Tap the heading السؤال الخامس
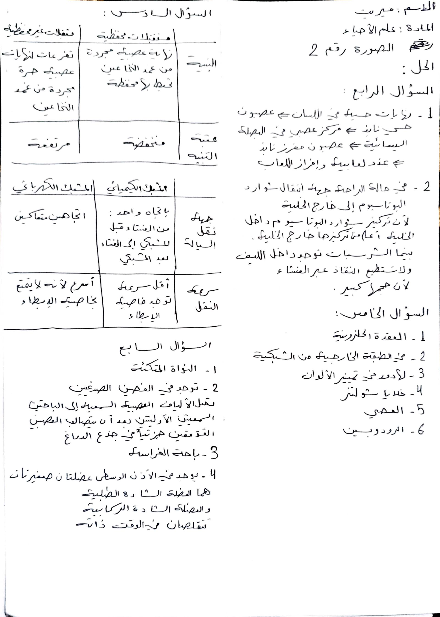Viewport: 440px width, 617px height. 381,314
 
